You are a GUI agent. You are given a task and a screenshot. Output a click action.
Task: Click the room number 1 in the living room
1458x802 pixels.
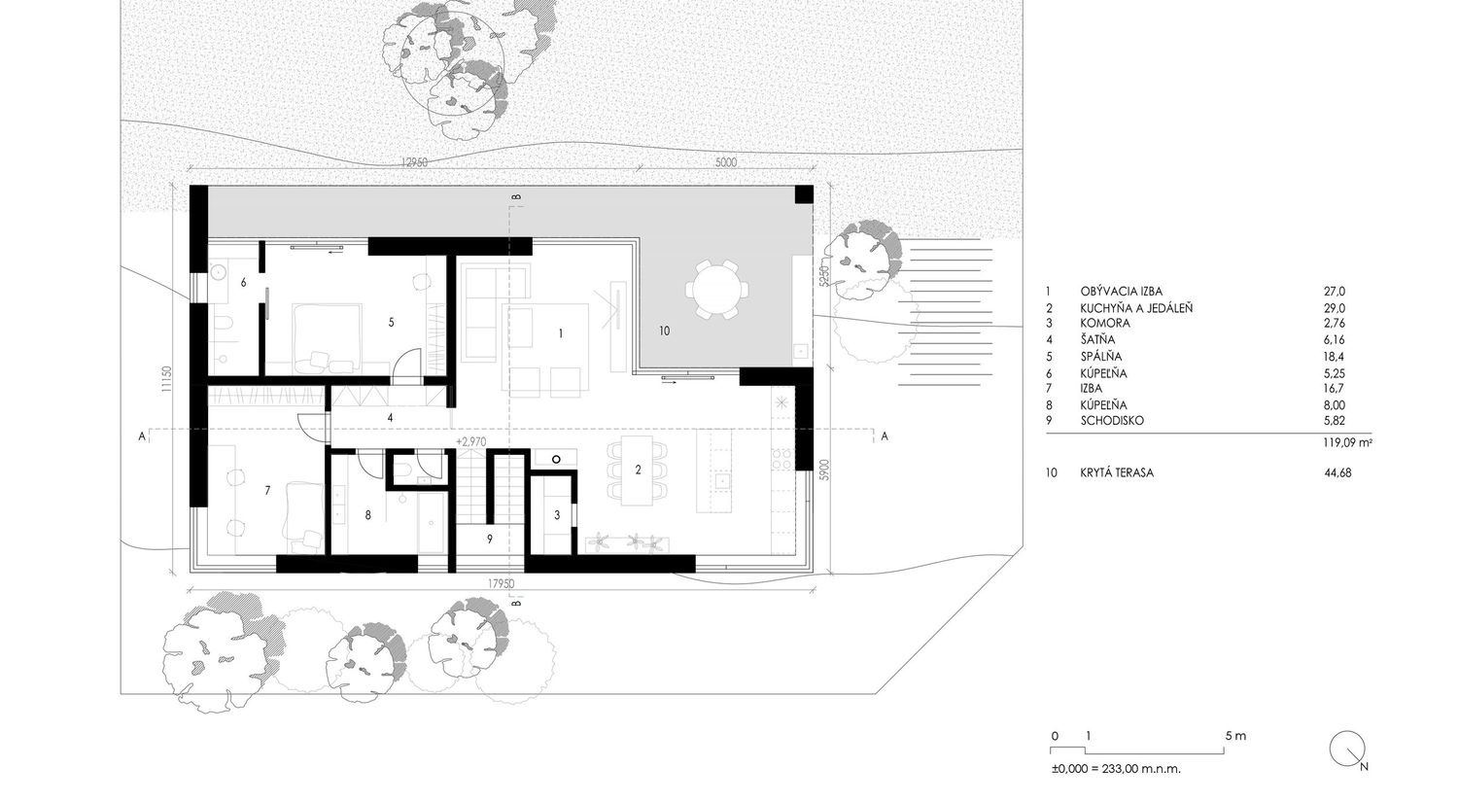coord(561,334)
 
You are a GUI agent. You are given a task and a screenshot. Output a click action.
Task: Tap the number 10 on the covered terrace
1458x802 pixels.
coord(664,331)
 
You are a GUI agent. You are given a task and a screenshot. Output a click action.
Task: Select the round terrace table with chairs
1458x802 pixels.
coord(716,289)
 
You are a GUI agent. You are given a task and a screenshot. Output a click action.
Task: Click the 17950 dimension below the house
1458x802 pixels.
coord(501,584)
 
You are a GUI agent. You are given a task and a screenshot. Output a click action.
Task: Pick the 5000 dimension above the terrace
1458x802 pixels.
coord(726,162)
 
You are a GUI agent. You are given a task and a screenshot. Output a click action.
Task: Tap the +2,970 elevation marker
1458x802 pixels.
coord(471,441)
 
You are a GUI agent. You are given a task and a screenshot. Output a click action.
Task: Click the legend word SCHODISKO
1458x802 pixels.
coord(1112,421)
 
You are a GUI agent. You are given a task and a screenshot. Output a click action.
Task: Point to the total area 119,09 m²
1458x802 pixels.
coord(1346,443)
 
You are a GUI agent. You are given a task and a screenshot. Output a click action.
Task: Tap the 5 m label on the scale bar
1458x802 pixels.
coord(1235,736)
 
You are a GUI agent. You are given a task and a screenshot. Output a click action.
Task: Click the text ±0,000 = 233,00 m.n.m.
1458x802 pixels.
coord(1116,769)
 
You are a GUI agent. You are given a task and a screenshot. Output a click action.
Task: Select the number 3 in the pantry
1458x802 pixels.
coord(557,515)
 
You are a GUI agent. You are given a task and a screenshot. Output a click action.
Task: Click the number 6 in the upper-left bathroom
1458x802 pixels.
coord(243,283)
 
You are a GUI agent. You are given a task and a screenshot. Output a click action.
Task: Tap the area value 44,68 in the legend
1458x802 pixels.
coord(1337,472)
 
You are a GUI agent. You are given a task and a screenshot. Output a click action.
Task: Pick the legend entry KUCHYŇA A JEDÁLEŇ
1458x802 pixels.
coord(1136,308)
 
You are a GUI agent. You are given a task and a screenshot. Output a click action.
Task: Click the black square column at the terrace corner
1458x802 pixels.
coord(803,194)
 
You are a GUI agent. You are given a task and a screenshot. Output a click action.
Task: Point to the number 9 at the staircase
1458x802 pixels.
coord(490,539)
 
